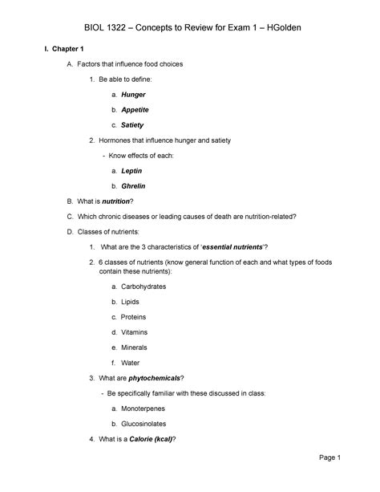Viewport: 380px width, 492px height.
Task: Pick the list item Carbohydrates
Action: (151, 287)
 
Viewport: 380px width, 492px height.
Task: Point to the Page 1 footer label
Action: (329, 458)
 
